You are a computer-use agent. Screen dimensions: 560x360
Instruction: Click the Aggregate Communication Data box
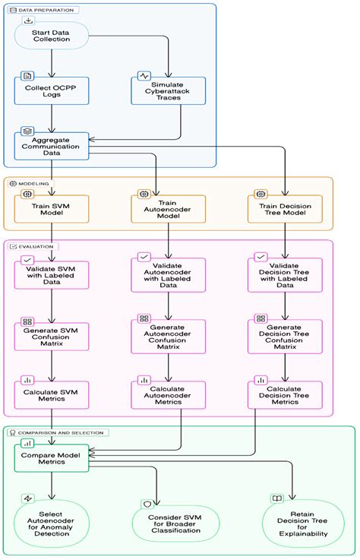click(x=52, y=145)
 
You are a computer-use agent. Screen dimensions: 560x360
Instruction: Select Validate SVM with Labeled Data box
click(x=52, y=274)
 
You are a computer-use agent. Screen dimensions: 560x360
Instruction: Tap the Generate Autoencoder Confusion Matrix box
click(x=168, y=336)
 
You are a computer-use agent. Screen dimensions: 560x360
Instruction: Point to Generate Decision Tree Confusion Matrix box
click(x=285, y=336)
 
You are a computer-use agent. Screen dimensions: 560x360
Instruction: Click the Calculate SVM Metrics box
click(x=52, y=395)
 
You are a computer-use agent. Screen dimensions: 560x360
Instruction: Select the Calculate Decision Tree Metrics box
click(x=285, y=395)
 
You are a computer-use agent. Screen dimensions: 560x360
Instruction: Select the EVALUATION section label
click(x=33, y=247)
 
